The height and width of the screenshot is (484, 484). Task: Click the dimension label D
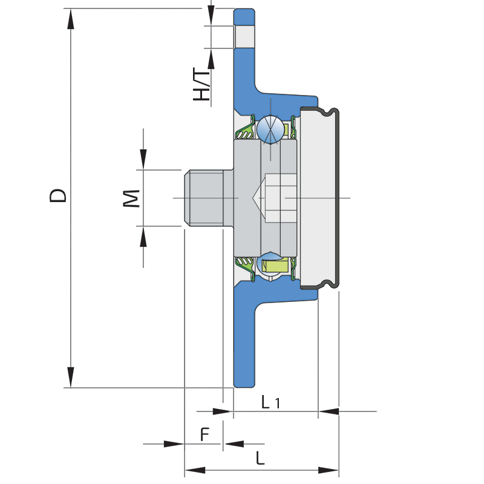58,195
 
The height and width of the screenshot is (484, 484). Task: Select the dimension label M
132,198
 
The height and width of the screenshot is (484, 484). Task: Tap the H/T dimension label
202,84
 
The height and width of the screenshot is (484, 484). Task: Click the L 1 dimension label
270,402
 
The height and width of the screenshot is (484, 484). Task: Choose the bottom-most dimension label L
260,458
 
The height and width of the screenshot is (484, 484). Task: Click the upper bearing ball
269,129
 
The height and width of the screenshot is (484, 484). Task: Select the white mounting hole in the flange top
244,36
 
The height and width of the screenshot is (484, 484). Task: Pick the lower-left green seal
244,266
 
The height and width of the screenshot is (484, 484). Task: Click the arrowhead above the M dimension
143,160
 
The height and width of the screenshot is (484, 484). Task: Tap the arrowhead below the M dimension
143,237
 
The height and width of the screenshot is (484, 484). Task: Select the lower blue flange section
244,339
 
